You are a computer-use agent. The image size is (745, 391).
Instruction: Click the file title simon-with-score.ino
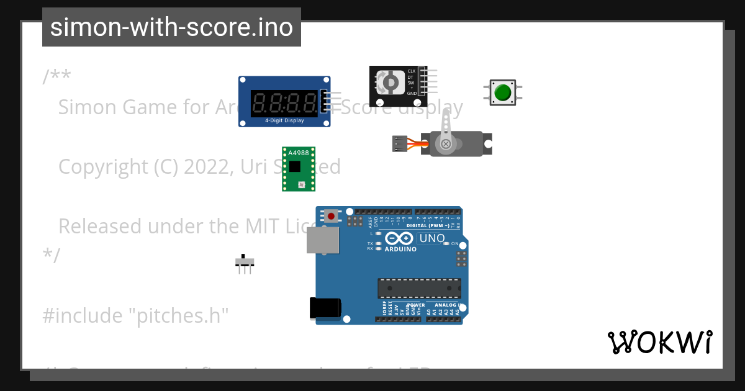[x=171, y=27]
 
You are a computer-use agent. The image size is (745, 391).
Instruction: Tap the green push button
[x=502, y=92]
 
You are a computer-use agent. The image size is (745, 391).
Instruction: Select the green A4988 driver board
[x=298, y=169]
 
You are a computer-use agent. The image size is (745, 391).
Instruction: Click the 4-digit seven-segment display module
[x=284, y=102]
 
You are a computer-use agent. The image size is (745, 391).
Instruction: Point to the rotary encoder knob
[x=391, y=83]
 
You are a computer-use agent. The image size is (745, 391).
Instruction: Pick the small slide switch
[x=245, y=261]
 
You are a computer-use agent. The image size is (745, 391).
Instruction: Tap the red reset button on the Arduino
[x=332, y=216]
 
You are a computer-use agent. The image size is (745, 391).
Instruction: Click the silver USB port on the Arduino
[x=323, y=240]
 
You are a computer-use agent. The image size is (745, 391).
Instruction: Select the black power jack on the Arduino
[x=325, y=308]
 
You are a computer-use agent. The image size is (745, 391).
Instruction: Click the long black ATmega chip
[x=420, y=288]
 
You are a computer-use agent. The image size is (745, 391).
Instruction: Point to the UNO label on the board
[x=432, y=238]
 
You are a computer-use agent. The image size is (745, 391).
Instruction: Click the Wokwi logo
[x=660, y=342]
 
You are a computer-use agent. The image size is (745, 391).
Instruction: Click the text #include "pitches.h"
[x=136, y=315]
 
